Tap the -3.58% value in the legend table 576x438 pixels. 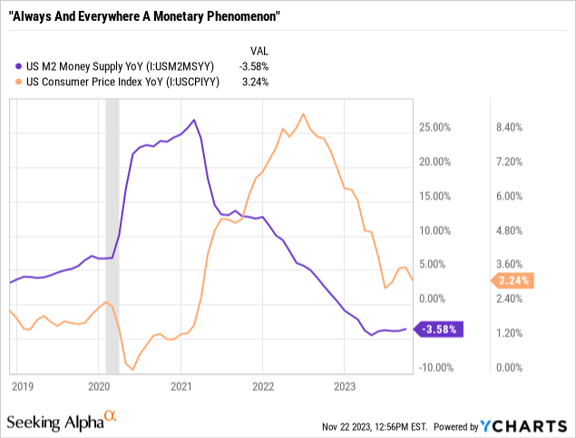coord(253,65)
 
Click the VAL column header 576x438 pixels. coord(259,51)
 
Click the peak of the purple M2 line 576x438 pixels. coord(193,120)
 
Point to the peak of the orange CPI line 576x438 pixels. coord(303,114)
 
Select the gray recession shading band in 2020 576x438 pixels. coord(112,236)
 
